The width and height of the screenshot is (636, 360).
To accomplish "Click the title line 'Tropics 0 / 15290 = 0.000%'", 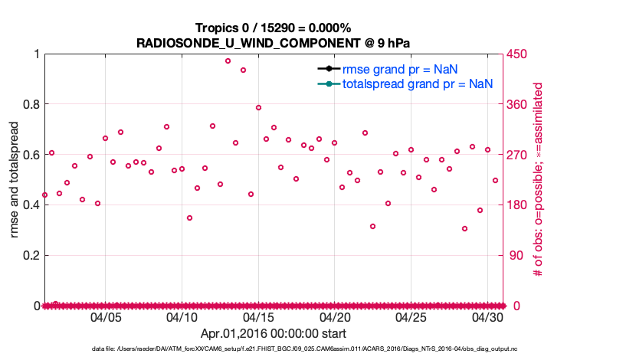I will point(273,28).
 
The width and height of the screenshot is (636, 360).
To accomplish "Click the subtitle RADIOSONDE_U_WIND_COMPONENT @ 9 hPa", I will point(273,42).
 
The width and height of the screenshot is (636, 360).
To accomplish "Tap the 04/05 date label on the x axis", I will point(106,316).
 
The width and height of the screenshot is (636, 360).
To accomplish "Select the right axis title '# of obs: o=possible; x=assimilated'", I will point(539,179).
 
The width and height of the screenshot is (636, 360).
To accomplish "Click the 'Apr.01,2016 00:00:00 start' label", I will point(273,333).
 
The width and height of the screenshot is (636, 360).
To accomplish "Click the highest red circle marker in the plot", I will point(228,61).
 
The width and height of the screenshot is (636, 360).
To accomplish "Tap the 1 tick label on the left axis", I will point(35,54).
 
